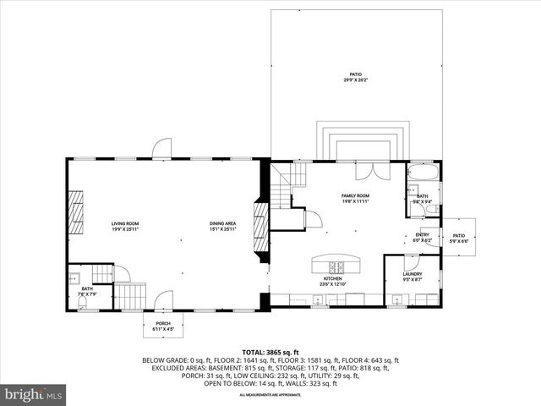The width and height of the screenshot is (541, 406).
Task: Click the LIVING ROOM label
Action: pyautogui.click(x=124, y=224)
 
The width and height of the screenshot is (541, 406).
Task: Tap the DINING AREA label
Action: pyautogui.click(x=222, y=224)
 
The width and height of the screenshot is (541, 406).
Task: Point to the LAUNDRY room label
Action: pyautogui.click(x=412, y=273)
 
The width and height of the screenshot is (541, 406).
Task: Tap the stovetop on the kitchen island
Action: pyautogui.click(x=335, y=264)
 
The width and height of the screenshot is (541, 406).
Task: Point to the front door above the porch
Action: pyautogui.click(x=164, y=299)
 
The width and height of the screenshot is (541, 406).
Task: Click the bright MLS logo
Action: pyautogui.click(x=34, y=393)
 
